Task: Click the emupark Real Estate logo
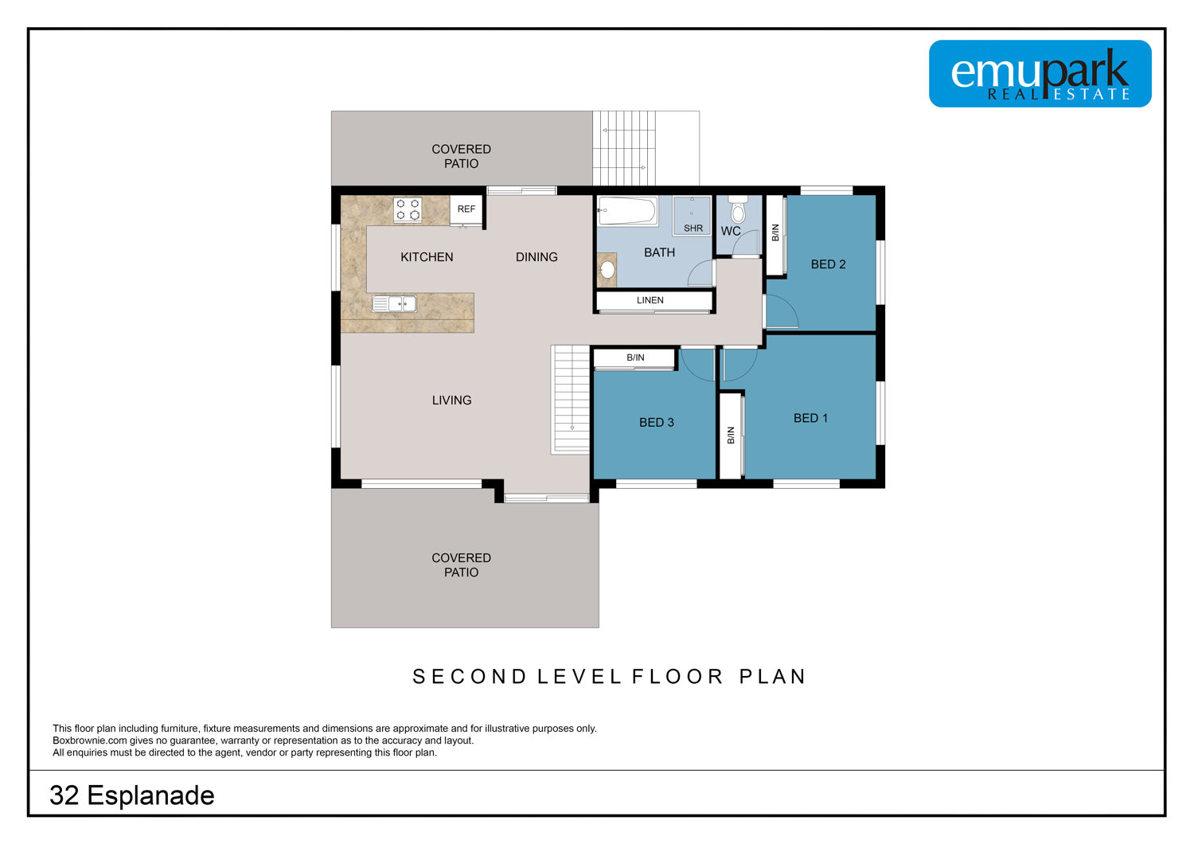1040,73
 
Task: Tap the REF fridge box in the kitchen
466,209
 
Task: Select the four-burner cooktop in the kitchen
408,209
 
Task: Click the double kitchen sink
395,304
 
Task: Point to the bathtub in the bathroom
627,210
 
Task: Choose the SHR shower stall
692,216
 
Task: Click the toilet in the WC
738,210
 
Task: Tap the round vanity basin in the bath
607,270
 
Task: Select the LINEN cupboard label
650,300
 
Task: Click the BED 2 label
829,264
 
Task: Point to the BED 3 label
657,423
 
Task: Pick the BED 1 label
811,419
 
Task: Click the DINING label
537,257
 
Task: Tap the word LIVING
452,401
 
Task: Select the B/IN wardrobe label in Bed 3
635,358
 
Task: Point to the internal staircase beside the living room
571,400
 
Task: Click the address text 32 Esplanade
132,795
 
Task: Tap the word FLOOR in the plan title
677,677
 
